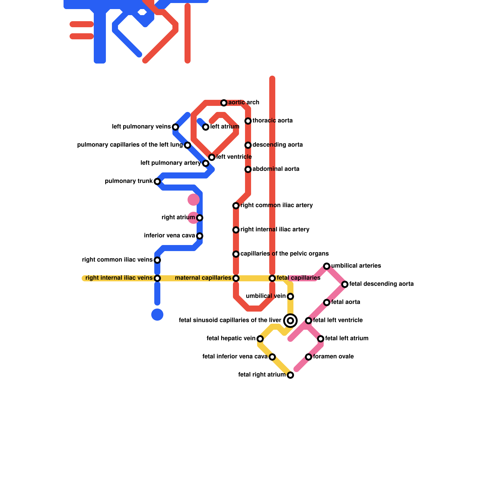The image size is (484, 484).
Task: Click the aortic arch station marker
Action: click(224, 103)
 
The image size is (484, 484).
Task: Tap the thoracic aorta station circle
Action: click(248, 121)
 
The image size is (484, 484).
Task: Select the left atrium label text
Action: click(225, 127)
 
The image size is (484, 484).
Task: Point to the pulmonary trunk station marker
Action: click(157, 181)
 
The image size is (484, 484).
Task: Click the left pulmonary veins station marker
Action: click(175, 127)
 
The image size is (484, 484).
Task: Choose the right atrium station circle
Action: click(200, 218)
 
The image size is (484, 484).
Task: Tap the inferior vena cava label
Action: click(169, 236)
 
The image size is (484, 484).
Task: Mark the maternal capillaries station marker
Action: click(236, 278)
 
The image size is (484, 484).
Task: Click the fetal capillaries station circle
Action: click(272, 278)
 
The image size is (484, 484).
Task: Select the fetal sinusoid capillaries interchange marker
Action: click(290, 321)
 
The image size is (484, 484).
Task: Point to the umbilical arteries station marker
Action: click(327, 266)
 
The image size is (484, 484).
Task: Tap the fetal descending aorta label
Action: click(381, 284)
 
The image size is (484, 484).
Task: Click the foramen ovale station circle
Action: click(309, 357)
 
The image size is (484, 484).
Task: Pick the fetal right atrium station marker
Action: click(290, 375)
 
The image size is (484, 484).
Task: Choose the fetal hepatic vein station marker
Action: click(260, 339)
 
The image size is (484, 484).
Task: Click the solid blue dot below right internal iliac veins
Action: click(157, 315)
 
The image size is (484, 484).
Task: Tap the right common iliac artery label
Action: click(276, 205)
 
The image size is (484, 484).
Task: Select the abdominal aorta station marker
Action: click(248, 169)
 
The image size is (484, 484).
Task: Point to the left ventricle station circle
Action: click(212, 157)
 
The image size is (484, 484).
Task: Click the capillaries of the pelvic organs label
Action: click(284, 254)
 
